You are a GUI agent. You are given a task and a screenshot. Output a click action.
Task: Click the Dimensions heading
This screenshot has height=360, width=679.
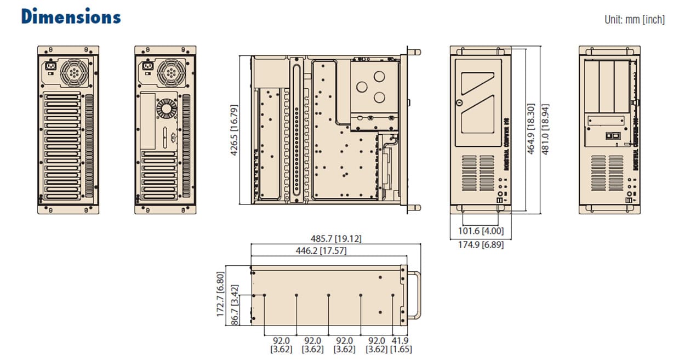tap(71, 16)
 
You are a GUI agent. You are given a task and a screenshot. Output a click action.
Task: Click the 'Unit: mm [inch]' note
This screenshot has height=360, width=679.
tap(635, 20)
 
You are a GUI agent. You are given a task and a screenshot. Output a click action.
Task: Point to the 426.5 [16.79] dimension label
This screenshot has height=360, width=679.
tap(234, 130)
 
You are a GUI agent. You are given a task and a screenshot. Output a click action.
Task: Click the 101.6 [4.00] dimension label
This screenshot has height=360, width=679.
tap(481, 231)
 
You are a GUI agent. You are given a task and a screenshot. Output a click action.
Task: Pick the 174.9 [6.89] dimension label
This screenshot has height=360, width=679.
tap(481, 245)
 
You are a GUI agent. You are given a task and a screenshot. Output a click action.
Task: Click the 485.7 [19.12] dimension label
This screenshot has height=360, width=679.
tap(336, 239)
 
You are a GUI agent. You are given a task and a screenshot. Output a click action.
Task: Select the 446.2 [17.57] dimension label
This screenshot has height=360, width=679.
tap(321, 251)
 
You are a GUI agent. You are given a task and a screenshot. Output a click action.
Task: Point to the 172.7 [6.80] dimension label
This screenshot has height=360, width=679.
tap(220, 294)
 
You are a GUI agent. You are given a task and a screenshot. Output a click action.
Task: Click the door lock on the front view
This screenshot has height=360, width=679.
tap(459, 102)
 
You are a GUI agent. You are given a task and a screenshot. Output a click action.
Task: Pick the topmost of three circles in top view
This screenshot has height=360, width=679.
tap(362, 86)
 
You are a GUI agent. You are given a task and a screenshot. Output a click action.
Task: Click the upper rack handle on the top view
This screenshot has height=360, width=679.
tap(413, 53)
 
